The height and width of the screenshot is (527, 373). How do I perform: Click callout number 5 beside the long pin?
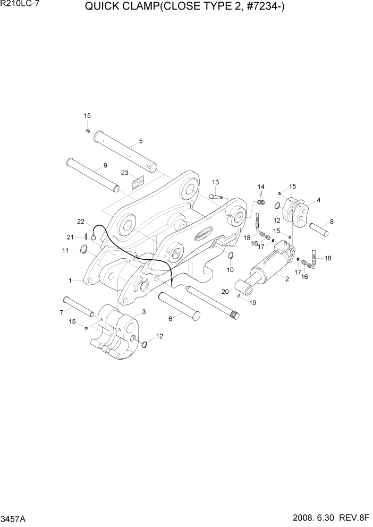[141, 141]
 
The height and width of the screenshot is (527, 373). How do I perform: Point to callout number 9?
[105, 165]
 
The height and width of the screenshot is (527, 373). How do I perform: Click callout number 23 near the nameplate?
[125, 173]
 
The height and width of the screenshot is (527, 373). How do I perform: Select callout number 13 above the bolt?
[215, 182]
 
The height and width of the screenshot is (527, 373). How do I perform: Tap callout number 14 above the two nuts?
[261, 186]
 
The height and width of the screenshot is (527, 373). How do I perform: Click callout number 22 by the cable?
[81, 221]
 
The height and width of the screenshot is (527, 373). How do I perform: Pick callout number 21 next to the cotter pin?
[70, 237]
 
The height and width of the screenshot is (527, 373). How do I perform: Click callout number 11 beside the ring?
[66, 250]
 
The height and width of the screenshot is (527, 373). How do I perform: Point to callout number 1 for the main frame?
[71, 279]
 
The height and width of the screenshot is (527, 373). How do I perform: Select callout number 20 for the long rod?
[225, 292]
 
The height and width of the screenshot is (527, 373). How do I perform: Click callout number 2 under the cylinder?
[287, 279]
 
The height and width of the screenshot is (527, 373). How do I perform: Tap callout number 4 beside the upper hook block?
[318, 200]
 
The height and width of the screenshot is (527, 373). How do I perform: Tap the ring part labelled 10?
[231, 258]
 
